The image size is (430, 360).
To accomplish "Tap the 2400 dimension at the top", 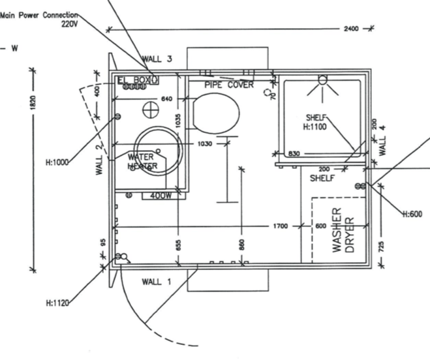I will [x=350, y=29].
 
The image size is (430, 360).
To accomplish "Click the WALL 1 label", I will [x=156, y=282].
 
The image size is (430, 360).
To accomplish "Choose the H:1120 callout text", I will [x=57, y=303].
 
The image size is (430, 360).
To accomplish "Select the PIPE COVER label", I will [x=229, y=85].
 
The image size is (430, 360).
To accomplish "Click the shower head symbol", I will [x=321, y=81].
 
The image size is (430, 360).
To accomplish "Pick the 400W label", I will [x=161, y=195].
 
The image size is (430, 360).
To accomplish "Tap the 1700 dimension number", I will [x=281, y=226].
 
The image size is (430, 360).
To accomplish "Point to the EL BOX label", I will [x=134, y=80].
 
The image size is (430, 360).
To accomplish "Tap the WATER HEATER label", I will [x=142, y=161].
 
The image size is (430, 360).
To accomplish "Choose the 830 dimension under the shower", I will [x=293, y=153].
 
